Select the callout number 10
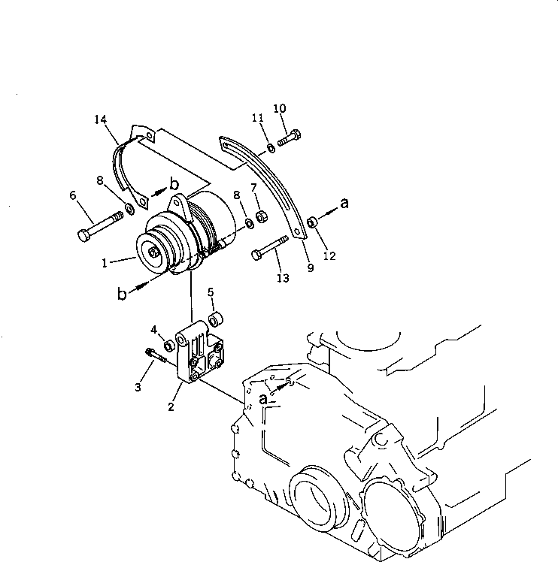tap(279, 109)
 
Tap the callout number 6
tap(73, 195)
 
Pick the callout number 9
tap(310, 268)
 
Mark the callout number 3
tap(138, 386)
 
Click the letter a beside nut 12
tap(344, 202)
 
